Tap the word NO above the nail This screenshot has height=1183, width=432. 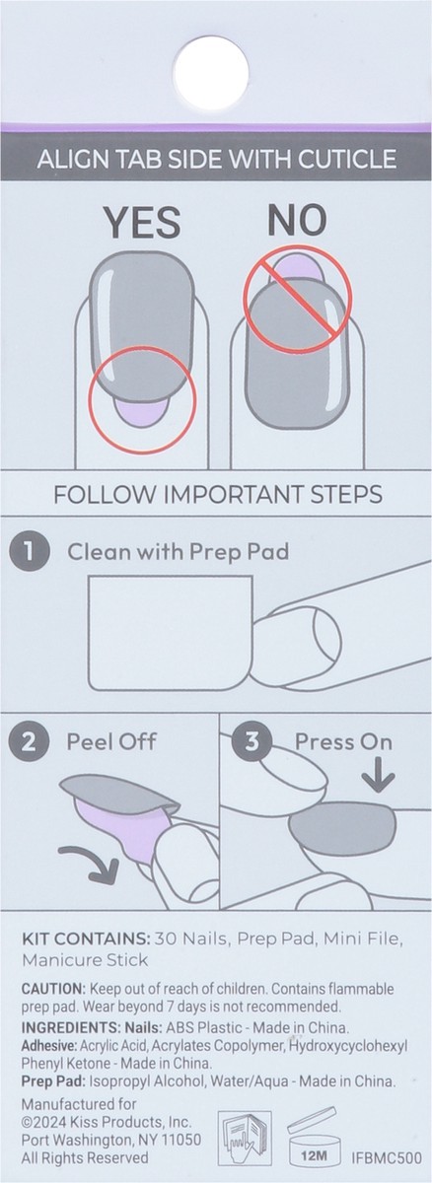point(297,223)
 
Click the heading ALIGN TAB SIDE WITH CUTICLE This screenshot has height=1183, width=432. point(216,158)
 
